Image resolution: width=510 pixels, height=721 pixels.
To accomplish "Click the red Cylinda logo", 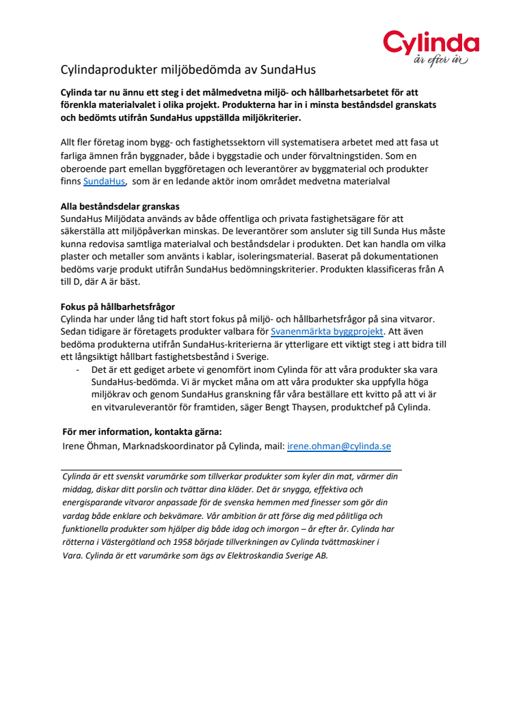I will click(x=431, y=43).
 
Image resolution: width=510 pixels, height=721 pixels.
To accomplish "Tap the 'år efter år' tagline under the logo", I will click(x=441, y=61).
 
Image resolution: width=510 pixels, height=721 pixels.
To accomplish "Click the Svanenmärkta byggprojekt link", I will click(x=327, y=331).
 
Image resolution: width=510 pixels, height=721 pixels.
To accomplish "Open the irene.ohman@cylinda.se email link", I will click(x=338, y=446).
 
